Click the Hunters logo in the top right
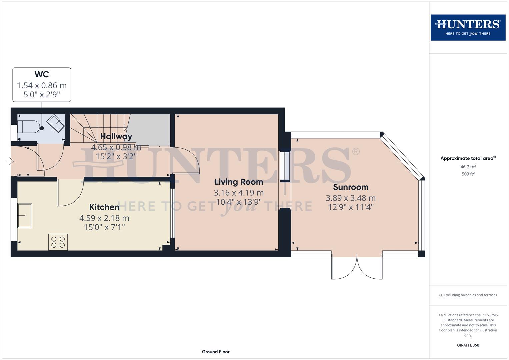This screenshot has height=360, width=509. pyautogui.click(x=468, y=27)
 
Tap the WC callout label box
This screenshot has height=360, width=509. pyautogui.click(x=42, y=85)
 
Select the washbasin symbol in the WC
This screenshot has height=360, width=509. pyautogui.click(x=56, y=123)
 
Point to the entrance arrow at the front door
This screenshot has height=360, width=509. pyautogui.click(x=10, y=162)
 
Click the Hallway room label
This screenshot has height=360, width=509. pyautogui.click(x=116, y=136)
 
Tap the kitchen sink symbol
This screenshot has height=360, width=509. pyautogui.click(x=25, y=215)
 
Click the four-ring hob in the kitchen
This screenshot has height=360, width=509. pyautogui.click(x=58, y=242)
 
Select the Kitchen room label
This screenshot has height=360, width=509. pyautogui.click(x=104, y=207)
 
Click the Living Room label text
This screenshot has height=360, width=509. pyautogui.click(x=239, y=182)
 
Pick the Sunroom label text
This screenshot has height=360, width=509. pyautogui.click(x=351, y=187)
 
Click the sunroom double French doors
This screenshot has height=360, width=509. pyautogui.click(x=357, y=267)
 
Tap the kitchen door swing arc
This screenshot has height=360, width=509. pyautogui.click(x=70, y=195)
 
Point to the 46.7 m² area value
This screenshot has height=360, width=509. pyautogui.click(x=468, y=167)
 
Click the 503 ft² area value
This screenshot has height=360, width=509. pyautogui.click(x=468, y=174)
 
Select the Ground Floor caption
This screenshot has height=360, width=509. pyautogui.click(x=216, y=352)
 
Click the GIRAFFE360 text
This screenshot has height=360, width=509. pyautogui.click(x=468, y=345)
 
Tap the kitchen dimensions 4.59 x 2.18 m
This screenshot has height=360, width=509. pyautogui.click(x=104, y=218)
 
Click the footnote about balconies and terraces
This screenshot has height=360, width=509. pyautogui.click(x=468, y=295)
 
